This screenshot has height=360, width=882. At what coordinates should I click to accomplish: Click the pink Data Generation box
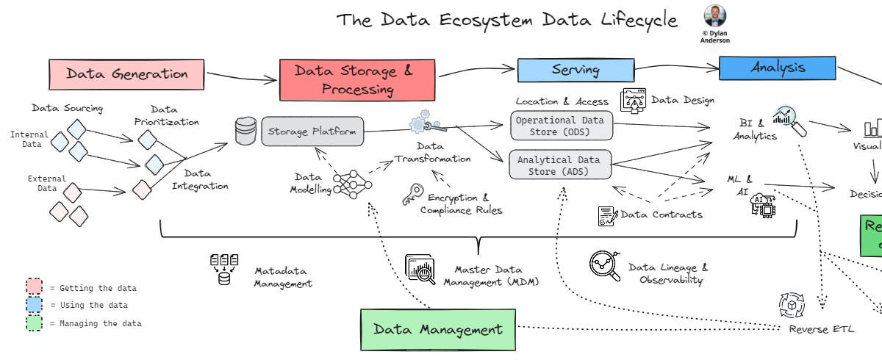coord(127,73)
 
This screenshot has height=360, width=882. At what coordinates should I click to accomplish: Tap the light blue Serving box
coord(576,71)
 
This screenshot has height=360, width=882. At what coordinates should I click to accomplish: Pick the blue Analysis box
coord(777,68)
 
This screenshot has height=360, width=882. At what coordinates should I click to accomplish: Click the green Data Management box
coord(437,329)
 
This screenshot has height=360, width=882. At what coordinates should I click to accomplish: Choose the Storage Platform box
coord(312,132)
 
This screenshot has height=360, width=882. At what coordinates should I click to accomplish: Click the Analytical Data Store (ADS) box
coord(560,165)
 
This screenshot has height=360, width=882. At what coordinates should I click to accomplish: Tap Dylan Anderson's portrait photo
coord(714,16)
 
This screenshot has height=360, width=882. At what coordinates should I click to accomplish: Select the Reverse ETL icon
coord(792,305)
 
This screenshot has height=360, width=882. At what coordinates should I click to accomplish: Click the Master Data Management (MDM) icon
coord(420,269)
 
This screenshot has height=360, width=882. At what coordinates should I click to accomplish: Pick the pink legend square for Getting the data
coord(35,287)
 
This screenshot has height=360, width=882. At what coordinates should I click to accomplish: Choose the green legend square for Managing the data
coord(35,323)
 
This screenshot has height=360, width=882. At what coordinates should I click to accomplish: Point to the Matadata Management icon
coord(224,269)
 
